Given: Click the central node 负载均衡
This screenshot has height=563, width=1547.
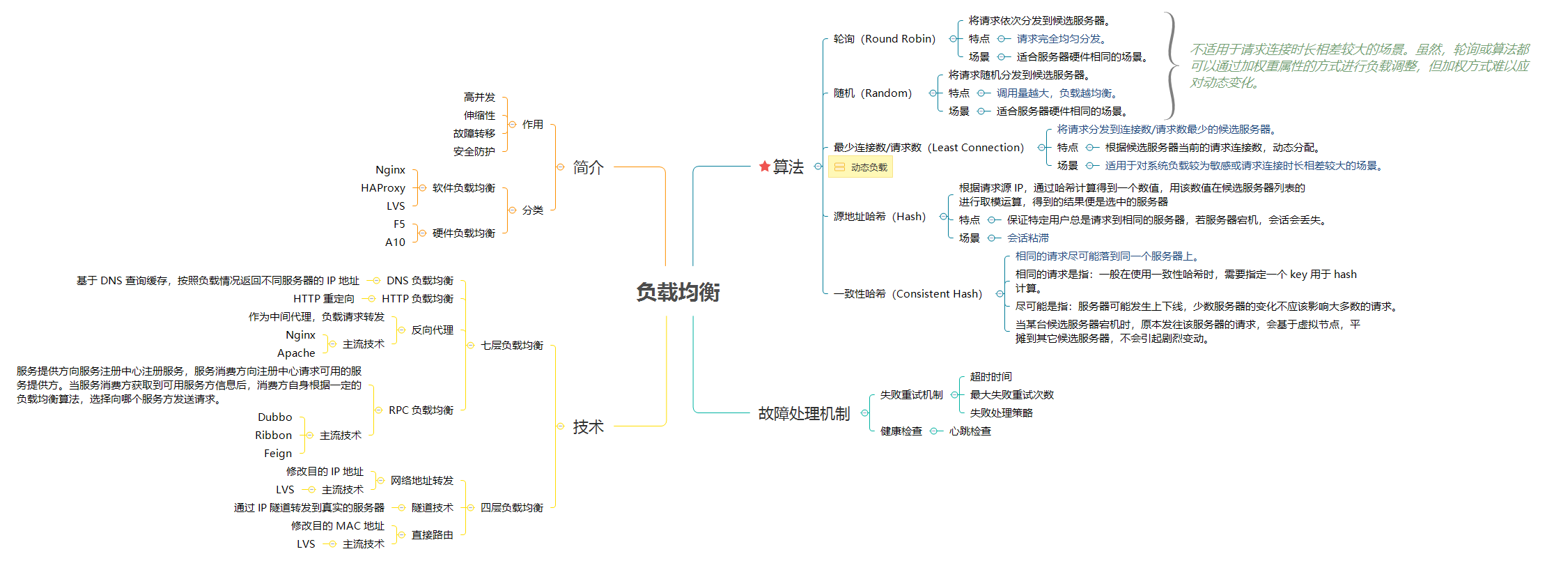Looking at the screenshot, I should coord(678,292).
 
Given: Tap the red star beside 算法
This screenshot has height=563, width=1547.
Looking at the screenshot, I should coord(764,167).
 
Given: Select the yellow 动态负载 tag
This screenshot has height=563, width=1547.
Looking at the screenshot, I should coord(860,167).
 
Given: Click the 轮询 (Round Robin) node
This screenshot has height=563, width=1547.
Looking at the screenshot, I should coord(884,39).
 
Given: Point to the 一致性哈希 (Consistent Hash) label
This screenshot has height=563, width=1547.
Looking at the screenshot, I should coord(908,294).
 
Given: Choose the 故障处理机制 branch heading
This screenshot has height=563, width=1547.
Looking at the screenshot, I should coord(804,414).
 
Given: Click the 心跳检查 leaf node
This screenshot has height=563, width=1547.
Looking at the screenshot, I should coord(970,431).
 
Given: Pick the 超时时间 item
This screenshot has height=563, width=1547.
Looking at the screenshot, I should coord(990,377).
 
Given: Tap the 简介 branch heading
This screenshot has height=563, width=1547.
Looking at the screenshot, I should coord(588,167).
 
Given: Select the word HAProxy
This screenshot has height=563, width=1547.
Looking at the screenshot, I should coord(382,188).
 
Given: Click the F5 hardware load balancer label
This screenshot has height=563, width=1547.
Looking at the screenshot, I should coord(399,224).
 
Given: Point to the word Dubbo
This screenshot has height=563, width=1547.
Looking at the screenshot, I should coord(274,417).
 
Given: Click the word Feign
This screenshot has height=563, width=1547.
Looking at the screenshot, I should coord(278,454).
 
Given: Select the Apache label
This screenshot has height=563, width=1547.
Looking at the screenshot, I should coord(296,353).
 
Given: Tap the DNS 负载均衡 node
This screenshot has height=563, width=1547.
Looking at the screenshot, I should coord(419,281).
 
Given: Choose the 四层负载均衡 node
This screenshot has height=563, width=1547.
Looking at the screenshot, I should coord(511,508).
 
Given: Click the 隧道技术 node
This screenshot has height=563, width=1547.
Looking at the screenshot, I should coord(432,508).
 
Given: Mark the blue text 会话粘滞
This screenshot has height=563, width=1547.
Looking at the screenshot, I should coord(1027,238).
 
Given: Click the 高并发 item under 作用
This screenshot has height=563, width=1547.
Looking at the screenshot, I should coord(479,98).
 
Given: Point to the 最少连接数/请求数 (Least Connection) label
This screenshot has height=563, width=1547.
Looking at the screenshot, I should coord(928,148).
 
